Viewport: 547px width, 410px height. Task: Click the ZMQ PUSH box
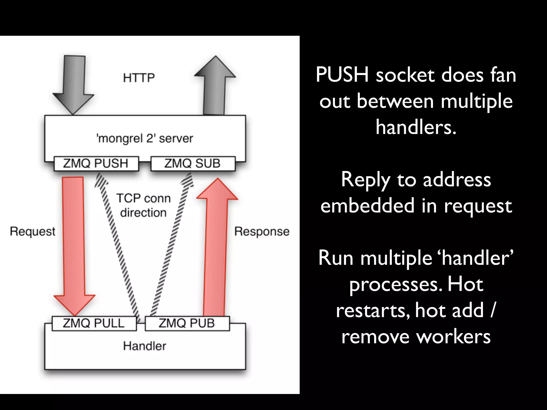pyautogui.click(x=96, y=163)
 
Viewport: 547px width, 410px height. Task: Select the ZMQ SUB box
pyautogui.click(x=193, y=163)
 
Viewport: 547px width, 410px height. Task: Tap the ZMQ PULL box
pyautogui.click(x=94, y=323)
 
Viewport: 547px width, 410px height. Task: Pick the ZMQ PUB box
pyautogui.click(x=187, y=323)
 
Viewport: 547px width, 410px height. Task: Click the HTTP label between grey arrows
pyautogui.click(x=139, y=78)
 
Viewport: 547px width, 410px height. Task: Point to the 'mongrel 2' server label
pyautogui.click(x=145, y=139)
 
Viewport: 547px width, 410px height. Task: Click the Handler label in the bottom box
pyautogui.click(x=145, y=346)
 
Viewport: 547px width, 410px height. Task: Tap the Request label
pyautogui.click(x=33, y=231)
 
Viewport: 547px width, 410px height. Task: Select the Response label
pyautogui.click(x=262, y=231)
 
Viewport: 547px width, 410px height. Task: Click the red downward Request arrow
pyautogui.click(x=73, y=240)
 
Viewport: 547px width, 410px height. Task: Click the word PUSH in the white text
pyautogui.click(x=342, y=75)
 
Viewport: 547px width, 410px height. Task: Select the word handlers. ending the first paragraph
pyautogui.click(x=416, y=127)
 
